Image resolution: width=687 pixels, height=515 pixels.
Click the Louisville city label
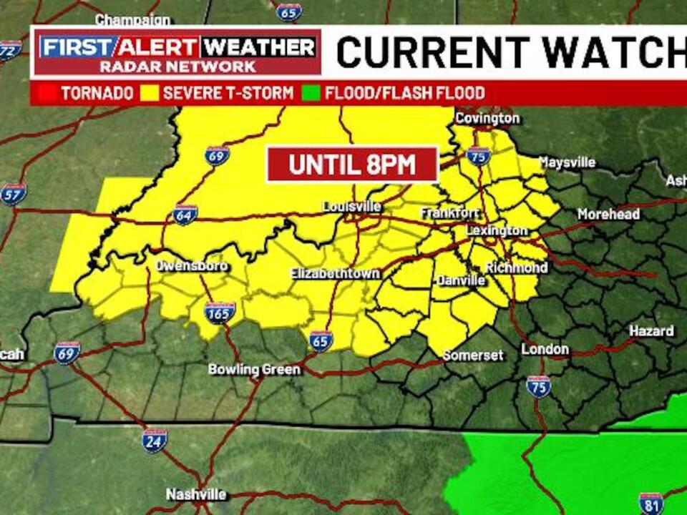click(351, 207)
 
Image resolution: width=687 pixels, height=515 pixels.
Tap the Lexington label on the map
click(497, 230)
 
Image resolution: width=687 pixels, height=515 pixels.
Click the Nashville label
click(196, 494)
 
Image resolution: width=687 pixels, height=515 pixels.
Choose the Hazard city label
click(651, 331)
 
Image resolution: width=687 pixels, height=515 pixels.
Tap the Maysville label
click(567, 162)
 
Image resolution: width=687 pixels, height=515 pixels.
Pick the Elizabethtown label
click(335, 274)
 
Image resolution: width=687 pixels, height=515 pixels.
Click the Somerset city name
click(473, 355)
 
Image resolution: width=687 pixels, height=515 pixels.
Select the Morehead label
click(609, 215)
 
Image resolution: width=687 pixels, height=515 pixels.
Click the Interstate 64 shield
click(185, 215)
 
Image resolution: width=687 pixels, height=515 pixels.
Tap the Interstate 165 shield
click(220, 313)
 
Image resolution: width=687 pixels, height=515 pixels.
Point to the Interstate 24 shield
click(155, 441)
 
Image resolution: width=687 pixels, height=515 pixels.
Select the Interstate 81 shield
click(651, 503)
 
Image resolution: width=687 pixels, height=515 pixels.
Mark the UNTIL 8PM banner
click(352, 165)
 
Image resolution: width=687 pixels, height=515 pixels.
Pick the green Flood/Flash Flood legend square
click(311, 93)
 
